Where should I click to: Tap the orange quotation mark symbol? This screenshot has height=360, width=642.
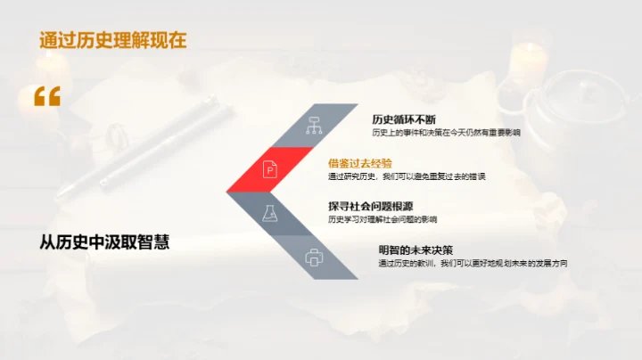pos(46,96)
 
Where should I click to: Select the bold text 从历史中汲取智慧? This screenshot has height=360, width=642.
pos(104,241)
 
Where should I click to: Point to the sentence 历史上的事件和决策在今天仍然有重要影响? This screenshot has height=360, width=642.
pos(446,133)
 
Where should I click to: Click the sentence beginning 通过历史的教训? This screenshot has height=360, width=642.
pos(473,264)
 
